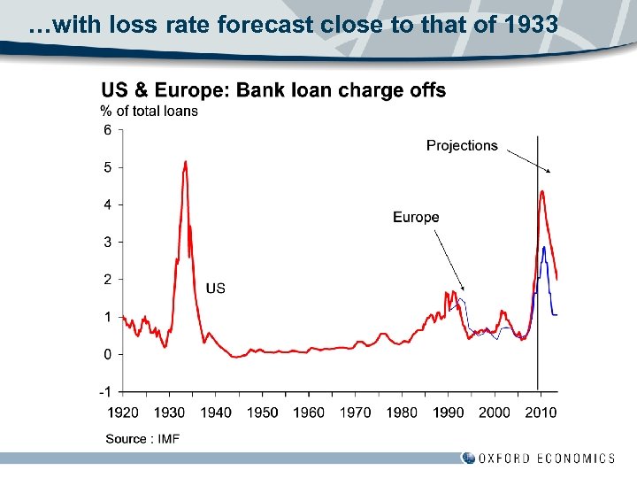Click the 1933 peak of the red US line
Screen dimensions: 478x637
click(x=185, y=162)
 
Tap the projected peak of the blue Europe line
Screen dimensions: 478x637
click(x=544, y=248)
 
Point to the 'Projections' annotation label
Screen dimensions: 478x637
click(x=462, y=145)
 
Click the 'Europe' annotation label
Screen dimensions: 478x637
click(x=416, y=217)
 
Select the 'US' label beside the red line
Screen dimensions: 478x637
click(x=215, y=288)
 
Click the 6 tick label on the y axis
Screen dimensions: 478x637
click(x=107, y=130)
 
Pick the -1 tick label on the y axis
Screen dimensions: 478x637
click(x=105, y=391)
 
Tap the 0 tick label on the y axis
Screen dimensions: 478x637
click(x=107, y=354)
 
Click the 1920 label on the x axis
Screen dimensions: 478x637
click(x=123, y=412)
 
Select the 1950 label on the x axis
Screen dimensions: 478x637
click(x=262, y=412)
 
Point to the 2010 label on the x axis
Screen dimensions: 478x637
click(x=541, y=412)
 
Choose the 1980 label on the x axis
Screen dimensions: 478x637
click(x=402, y=412)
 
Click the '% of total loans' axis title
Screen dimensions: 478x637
click(x=149, y=111)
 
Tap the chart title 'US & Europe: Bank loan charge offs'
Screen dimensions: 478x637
click(x=273, y=90)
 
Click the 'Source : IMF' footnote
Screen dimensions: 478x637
click(x=142, y=439)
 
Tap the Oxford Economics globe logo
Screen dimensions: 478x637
click(x=468, y=458)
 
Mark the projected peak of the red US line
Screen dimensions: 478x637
click(x=541, y=191)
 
